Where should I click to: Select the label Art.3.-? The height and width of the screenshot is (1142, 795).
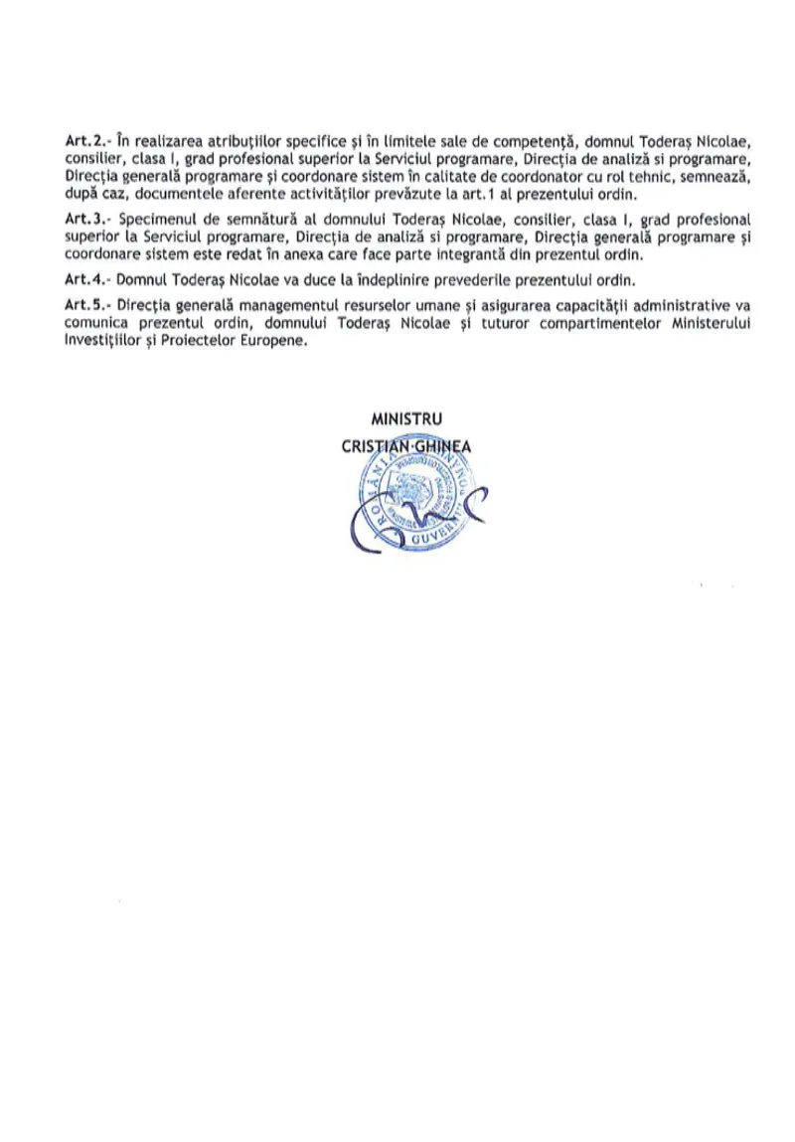(x=84, y=218)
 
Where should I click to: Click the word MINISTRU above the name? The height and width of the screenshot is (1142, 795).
(x=405, y=419)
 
